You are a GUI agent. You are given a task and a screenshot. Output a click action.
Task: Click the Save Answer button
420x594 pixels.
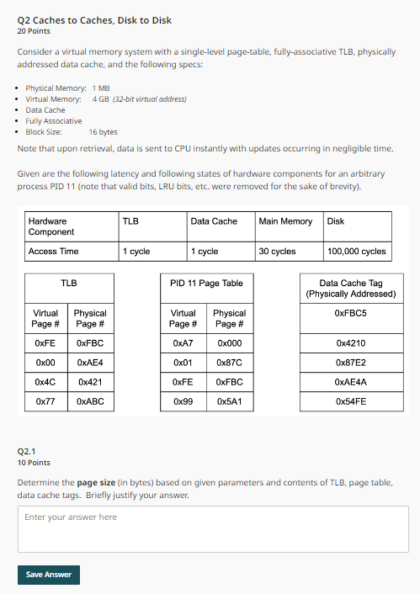pyautogui.click(x=49, y=575)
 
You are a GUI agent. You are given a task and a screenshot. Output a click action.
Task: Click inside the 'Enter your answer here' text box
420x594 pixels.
pyautogui.click(x=213, y=528)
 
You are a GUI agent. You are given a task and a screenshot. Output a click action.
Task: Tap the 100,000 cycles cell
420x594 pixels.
pyautogui.click(x=356, y=251)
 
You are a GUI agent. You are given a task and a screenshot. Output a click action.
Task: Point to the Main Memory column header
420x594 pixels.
pyautogui.click(x=285, y=221)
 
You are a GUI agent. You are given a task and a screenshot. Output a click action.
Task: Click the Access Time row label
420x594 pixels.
pyautogui.click(x=53, y=251)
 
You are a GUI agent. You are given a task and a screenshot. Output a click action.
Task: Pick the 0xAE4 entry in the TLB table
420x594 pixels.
pyautogui.click(x=90, y=363)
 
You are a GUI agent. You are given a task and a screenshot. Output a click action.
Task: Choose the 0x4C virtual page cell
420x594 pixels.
pyautogui.click(x=45, y=382)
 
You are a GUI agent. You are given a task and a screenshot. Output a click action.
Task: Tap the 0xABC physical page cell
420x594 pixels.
pyautogui.click(x=90, y=402)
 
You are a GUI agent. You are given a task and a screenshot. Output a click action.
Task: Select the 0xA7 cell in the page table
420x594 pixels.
pyautogui.click(x=183, y=343)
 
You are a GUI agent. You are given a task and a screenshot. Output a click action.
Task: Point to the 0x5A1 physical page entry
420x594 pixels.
pyautogui.click(x=229, y=402)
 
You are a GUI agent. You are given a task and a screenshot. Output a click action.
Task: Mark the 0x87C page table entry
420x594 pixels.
pyautogui.click(x=229, y=363)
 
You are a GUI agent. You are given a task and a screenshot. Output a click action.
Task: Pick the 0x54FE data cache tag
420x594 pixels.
pyautogui.click(x=350, y=402)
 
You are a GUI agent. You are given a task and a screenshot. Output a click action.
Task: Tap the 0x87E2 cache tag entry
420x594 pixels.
pyautogui.click(x=350, y=363)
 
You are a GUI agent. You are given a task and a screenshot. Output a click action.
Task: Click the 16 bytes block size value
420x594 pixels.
pyautogui.click(x=103, y=132)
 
